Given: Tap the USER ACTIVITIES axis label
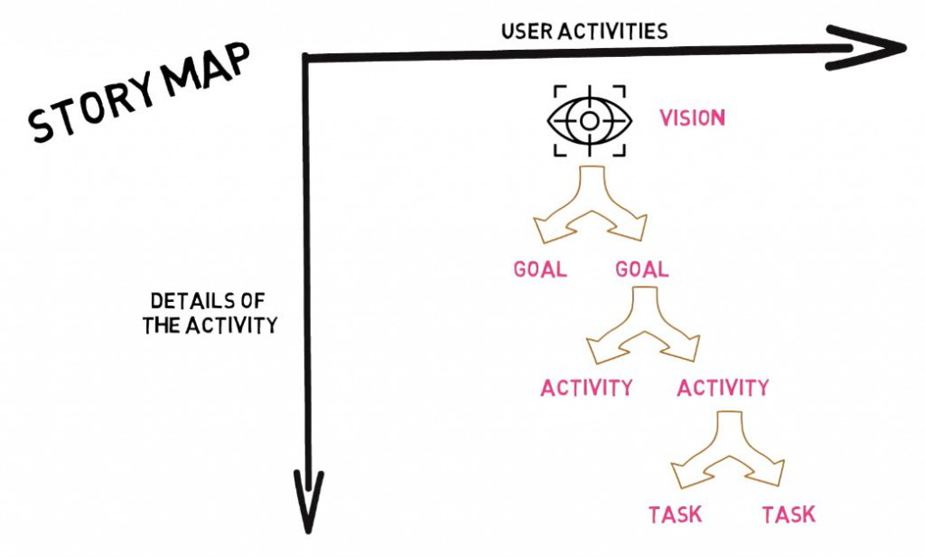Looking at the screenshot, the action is coord(584,32).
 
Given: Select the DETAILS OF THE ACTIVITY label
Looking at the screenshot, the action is coord(209,314).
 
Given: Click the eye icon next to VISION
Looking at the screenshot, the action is coord(588,119).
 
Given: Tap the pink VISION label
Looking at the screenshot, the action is coord(692,118).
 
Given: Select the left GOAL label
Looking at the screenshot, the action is coord(539,269).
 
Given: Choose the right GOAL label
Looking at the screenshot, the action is coord(641,269).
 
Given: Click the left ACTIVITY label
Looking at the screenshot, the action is coord(586,388).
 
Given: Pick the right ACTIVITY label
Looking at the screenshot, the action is coord(723,388).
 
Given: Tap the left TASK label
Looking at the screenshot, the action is coord(675,515).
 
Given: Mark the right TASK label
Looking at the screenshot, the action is coord(789,515).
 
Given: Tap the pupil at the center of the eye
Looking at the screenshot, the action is coord(588,119).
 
